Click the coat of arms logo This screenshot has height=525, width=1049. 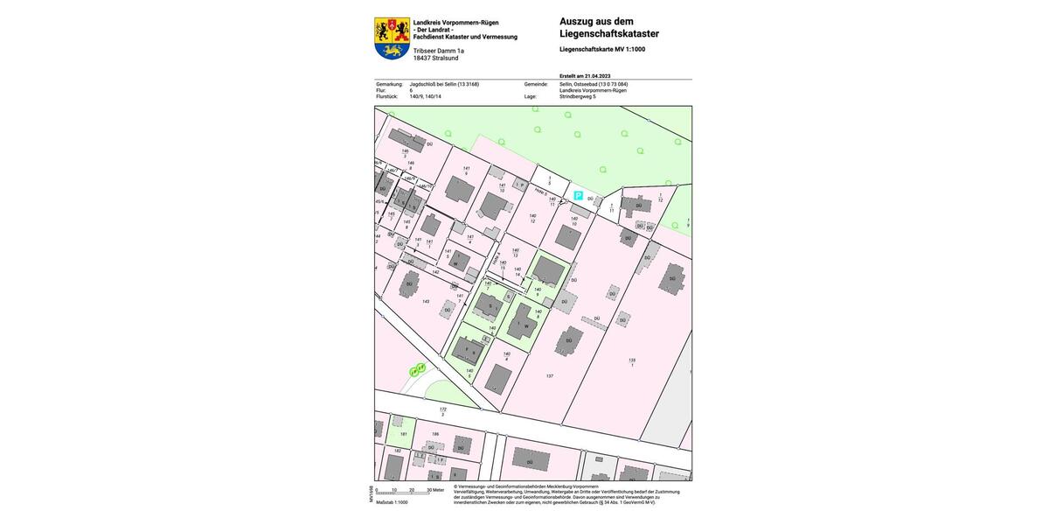pyautogui.click(x=392, y=38)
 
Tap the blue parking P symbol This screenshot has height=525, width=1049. pyautogui.click(x=578, y=196)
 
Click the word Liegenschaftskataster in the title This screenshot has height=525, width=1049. pyautogui.click(x=609, y=34)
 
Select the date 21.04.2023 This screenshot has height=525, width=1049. pyautogui.click(x=598, y=76)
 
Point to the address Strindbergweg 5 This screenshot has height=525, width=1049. pyautogui.click(x=578, y=96)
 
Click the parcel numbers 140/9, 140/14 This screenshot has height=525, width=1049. pyautogui.click(x=426, y=96)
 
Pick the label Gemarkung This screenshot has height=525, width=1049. pyautogui.click(x=389, y=84)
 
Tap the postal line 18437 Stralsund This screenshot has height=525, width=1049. pyautogui.click(x=435, y=58)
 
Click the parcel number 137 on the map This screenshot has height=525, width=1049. pyautogui.click(x=550, y=375)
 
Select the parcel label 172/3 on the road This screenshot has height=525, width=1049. pyautogui.click(x=442, y=411)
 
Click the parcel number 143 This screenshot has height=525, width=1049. pyautogui.click(x=426, y=301)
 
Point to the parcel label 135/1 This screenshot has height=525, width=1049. pyautogui.click(x=631, y=361)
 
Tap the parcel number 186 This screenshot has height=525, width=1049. pyautogui.click(x=435, y=434)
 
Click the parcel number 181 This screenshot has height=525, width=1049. pyautogui.click(x=403, y=433)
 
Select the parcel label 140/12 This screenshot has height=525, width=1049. pyautogui.click(x=532, y=218)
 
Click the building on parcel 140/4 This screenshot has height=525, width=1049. pyautogui.click(x=498, y=379)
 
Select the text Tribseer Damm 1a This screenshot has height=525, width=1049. pyautogui.click(x=439, y=51)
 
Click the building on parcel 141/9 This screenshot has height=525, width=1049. pyautogui.click(x=459, y=189)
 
